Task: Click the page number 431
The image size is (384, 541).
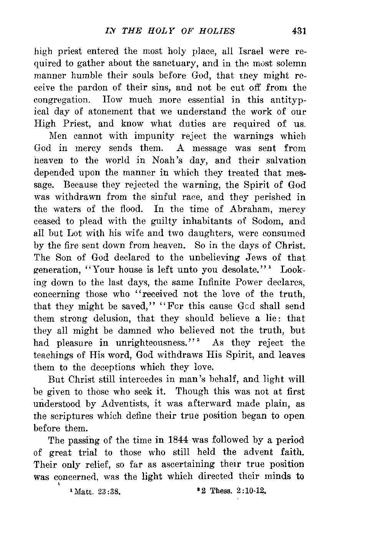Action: pyautogui.click(x=298, y=31)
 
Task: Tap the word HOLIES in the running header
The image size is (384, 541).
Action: pyautogui.click(x=218, y=31)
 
